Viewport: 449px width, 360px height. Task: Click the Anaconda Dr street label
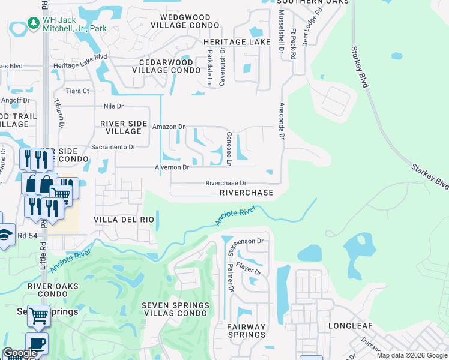click(280, 120)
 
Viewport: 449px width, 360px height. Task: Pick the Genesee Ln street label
click(229, 149)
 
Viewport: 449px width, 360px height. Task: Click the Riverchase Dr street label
click(226, 183)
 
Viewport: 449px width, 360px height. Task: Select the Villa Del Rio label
click(124, 220)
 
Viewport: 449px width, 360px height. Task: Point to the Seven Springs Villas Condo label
click(176, 310)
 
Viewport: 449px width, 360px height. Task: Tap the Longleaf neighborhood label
click(350, 326)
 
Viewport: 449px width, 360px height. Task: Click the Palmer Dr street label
click(231, 276)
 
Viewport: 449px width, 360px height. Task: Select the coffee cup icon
click(36, 343)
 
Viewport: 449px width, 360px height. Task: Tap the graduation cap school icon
click(5, 235)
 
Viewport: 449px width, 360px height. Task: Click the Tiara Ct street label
click(77, 91)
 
